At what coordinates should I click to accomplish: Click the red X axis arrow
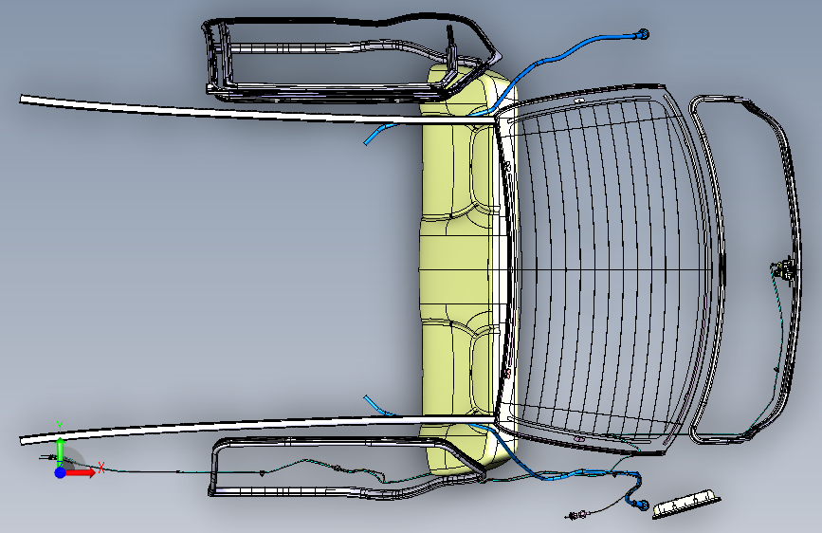[x=83, y=471]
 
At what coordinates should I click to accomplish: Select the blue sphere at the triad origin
[x=60, y=471]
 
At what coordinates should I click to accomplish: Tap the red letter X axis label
[x=100, y=466]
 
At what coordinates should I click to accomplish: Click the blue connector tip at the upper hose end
[x=647, y=35]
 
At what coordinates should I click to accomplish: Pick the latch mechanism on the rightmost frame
[x=782, y=269]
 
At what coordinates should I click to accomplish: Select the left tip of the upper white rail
[x=24, y=97]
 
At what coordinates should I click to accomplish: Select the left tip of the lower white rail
[x=24, y=439]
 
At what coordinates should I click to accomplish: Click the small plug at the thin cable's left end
[x=44, y=459]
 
